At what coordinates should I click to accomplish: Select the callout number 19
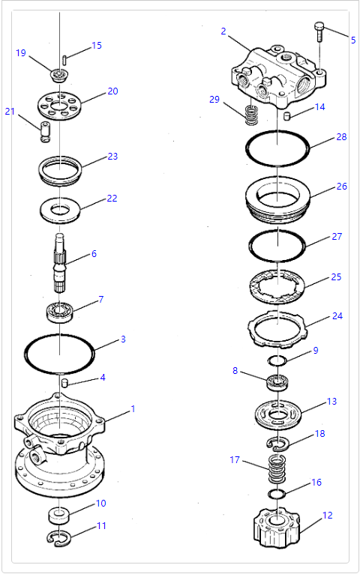[21, 53]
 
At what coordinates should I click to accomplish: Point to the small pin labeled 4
[64, 383]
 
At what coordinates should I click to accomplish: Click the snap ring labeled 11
[60, 537]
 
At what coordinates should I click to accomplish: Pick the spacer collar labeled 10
[58, 515]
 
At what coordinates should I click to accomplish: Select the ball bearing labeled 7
[60, 312]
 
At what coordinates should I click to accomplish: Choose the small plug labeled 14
[288, 116]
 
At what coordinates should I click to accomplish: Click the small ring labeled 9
[276, 361]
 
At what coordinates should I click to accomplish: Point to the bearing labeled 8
[277, 382]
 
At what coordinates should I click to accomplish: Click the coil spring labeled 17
[277, 468]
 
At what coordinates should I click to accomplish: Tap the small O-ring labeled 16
[276, 495]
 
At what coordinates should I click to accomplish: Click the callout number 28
[341, 137]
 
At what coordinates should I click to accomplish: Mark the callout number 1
[133, 409]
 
